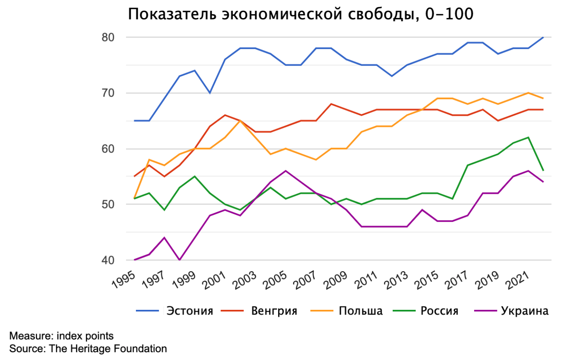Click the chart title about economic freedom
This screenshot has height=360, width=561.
(300, 14)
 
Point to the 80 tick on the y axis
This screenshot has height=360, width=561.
(108, 37)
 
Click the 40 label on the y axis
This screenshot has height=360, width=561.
(108, 260)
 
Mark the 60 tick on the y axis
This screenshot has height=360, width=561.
(108, 149)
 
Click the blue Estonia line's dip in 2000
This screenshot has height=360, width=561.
(210, 93)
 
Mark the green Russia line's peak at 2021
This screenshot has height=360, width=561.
(528, 137)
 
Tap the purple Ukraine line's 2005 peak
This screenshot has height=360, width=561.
(286, 171)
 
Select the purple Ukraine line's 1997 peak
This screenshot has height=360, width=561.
(164, 238)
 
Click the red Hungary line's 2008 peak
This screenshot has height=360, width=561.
(331, 104)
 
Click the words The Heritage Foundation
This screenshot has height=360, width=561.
(108, 349)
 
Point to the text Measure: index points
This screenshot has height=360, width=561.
(61, 336)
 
